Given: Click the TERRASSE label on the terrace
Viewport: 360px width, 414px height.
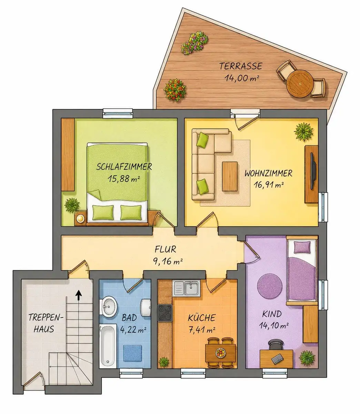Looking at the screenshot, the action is (x=240, y=66).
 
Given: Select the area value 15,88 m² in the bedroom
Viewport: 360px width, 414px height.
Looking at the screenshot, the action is (x=124, y=179).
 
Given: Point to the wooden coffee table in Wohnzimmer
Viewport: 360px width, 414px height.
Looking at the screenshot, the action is (x=230, y=176).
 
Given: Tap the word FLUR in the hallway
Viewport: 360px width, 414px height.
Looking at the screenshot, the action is (x=165, y=249).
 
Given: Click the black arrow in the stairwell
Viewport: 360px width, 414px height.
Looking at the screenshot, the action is (x=79, y=295).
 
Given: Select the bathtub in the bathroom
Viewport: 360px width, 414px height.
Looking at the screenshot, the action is (x=108, y=346).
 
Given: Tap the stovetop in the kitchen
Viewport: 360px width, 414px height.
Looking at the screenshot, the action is (x=165, y=313).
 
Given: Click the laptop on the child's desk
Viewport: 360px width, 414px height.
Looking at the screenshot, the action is (x=277, y=359).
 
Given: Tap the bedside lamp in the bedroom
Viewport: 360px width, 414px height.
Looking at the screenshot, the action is (x=80, y=218).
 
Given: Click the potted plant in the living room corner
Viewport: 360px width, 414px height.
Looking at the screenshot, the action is (x=304, y=131).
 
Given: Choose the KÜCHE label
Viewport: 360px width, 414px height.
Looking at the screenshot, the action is (x=202, y=318).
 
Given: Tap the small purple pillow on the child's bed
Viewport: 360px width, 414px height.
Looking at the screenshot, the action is (x=302, y=247).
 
